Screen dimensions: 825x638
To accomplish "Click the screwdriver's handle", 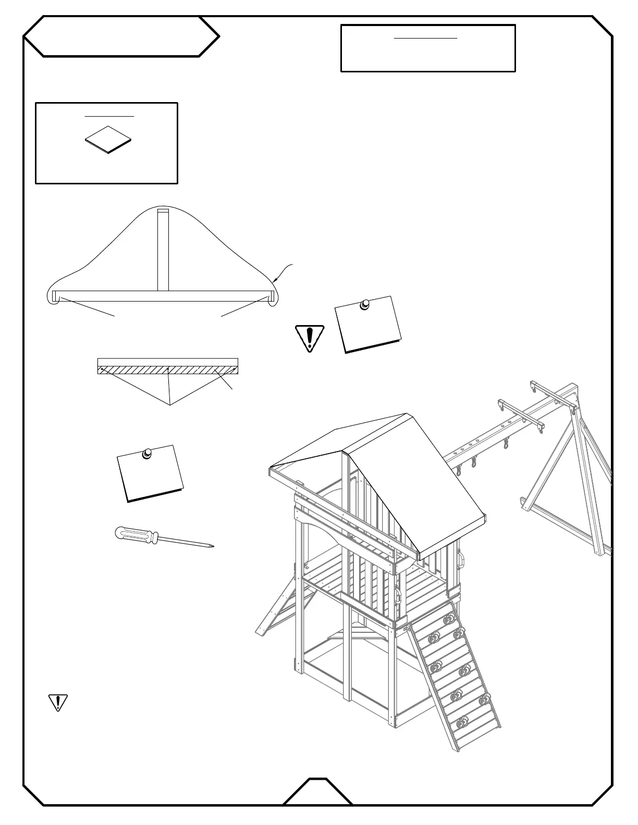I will click(137, 535).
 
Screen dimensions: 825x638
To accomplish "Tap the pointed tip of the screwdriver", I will click(212, 546).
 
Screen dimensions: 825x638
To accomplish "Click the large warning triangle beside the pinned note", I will click(310, 338).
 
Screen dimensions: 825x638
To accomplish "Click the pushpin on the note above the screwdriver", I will click(148, 454).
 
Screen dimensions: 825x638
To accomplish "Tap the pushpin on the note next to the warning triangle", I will click(365, 304).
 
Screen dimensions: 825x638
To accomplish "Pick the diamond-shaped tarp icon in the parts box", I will click(108, 139).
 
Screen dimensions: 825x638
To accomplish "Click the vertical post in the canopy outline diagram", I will click(163, 249).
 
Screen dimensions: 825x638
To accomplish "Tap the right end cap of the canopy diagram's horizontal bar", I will click(272, 296).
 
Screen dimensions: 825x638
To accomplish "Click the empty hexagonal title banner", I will click(121, 36).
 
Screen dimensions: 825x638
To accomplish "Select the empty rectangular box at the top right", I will click(428, 48).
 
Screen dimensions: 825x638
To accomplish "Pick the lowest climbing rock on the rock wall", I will click(461, 724).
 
